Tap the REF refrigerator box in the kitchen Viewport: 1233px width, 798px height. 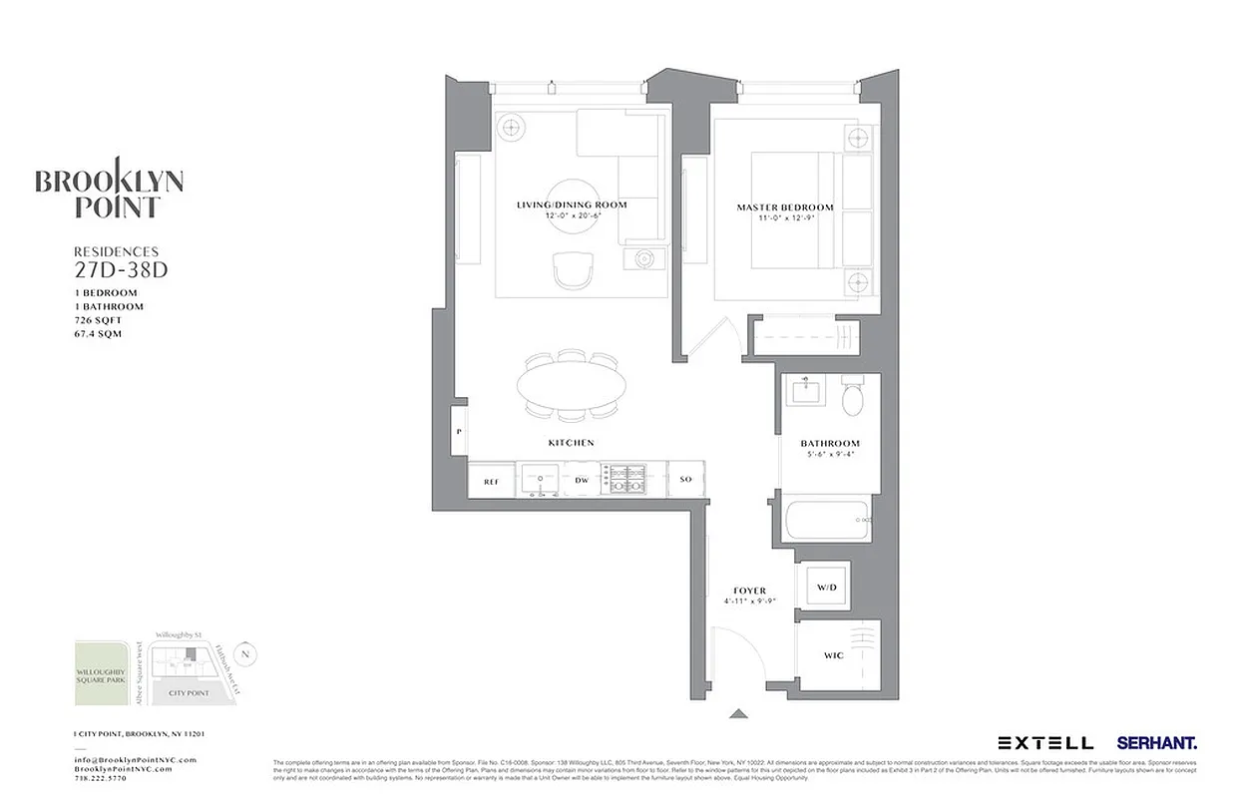tap(491, 481)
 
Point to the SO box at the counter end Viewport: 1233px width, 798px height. tap(685, 481)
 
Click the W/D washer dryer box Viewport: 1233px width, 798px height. tap(827, 588)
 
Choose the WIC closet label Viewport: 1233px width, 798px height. tap(833, 656)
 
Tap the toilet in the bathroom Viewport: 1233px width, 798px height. tap(853, 397)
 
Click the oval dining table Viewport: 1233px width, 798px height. tap(573, 383)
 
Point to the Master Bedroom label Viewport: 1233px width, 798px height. tap(784, 207)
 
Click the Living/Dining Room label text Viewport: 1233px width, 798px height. tap(572, 204)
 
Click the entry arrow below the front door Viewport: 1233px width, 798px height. tap(738, 713)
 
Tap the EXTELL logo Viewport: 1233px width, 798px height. tap(1044, 743)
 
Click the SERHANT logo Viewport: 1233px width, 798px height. tap(1156, 743)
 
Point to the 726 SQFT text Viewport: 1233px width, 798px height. tap(100, 320)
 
